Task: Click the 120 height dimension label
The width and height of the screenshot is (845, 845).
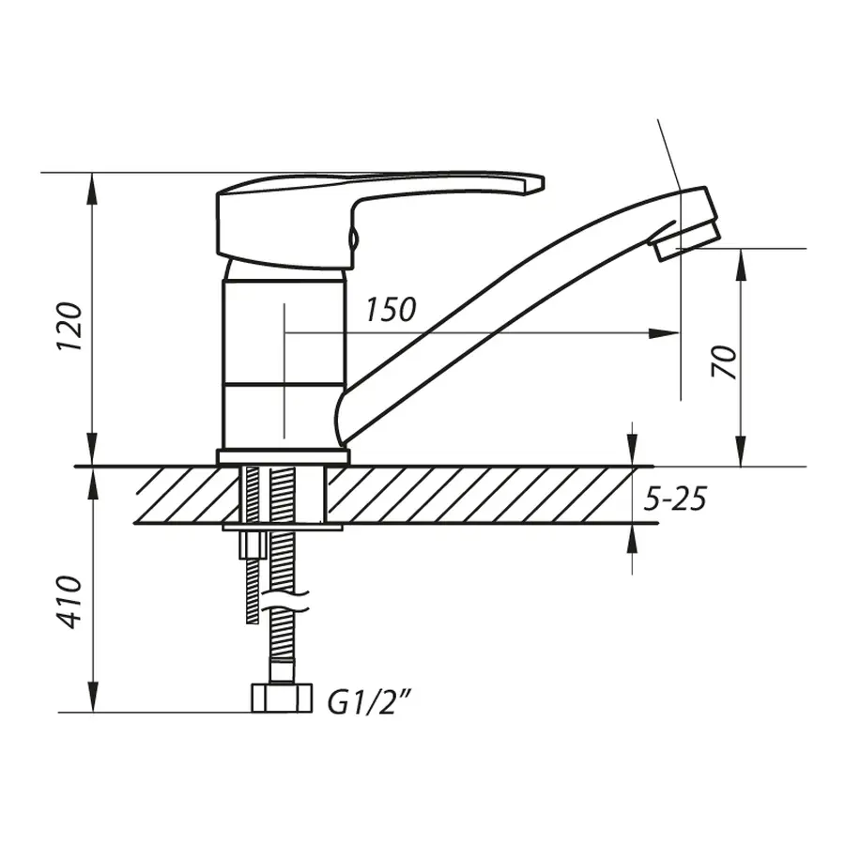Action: [70, 327]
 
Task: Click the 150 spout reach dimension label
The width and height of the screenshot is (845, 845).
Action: [391, 310]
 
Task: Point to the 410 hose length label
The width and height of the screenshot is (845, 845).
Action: [71, 602]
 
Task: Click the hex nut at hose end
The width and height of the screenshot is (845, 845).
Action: [283, 698]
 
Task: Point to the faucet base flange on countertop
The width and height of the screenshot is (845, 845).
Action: [283, 457]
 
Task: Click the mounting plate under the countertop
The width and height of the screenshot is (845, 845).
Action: [282, 528]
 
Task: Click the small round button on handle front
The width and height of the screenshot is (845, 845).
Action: [354, 239]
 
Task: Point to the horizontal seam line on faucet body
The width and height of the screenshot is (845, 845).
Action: [283, 383]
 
